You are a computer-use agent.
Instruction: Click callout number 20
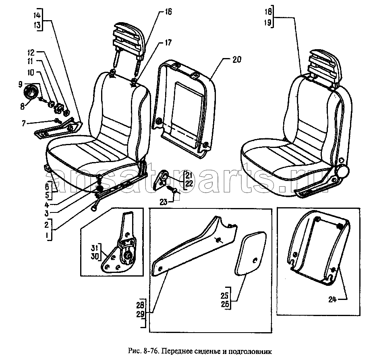pos(236,59)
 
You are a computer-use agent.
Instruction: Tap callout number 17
pos(168,43)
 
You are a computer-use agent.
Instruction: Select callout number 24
pos(332,300)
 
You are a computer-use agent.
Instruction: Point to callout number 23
pos(163,202)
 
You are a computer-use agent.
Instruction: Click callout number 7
pos(23,123)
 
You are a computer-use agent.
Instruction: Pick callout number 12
pos(31,52)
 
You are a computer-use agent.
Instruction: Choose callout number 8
pos(22,106)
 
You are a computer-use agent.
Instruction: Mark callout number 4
pos(47,205)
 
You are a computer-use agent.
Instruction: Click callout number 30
pos(95,256)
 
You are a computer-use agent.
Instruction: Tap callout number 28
pos(141,305)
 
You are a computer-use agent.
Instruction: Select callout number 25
pos(225,296)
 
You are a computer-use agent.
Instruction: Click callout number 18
pos(268,11)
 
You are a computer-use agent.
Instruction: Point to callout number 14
pos(37,15)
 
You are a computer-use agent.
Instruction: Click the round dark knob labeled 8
pos(31,92)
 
